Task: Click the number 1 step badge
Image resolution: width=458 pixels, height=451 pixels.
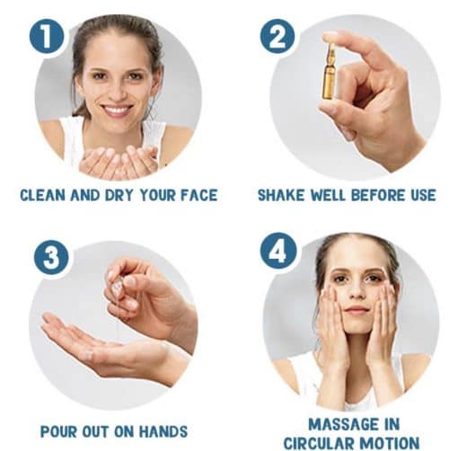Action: tap(47, 37)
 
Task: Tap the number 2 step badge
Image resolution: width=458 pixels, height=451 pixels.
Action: tap(277, 37)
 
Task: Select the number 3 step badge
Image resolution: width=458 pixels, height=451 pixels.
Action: tap(51, 257)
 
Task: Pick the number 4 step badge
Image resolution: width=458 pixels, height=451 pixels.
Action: tap(278, 251)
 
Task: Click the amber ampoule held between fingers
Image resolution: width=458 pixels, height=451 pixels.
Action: tap(330, 72)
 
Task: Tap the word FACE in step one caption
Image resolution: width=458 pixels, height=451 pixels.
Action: tap(199, 195)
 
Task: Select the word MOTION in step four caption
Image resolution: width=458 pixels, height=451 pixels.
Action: tap(389, 444)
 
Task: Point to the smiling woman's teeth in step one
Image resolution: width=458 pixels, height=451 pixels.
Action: tap(118, 109)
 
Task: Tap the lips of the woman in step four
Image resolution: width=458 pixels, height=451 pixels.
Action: tap(357, 310)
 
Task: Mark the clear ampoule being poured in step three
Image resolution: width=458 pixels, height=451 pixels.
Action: tap(117, 286)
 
